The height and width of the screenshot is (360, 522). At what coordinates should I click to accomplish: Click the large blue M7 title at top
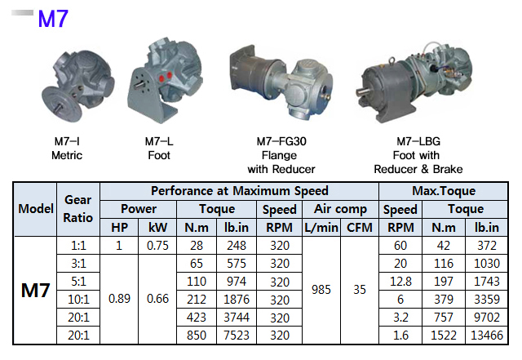[52, 19]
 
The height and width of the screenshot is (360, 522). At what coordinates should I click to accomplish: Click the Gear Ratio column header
[78, 210]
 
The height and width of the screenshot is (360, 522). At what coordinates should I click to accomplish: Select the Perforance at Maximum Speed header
[239, 192]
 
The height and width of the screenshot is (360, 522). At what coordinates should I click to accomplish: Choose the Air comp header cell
[340, 210]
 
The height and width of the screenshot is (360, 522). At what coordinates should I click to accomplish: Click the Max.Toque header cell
[443, 192]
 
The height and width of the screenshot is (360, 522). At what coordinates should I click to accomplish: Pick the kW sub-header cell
[157, 227]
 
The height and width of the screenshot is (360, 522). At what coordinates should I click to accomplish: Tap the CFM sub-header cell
[360, 227]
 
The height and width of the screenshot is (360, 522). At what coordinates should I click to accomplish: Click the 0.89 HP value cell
[119, 299]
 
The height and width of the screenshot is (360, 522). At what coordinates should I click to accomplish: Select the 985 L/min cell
[321, 290]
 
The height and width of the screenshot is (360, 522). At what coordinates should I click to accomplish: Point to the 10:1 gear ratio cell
[78, 299]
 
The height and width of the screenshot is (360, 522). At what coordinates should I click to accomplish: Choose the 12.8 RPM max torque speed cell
[400, 281]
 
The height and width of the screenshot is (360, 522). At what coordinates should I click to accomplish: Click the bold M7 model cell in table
[37, 290]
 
